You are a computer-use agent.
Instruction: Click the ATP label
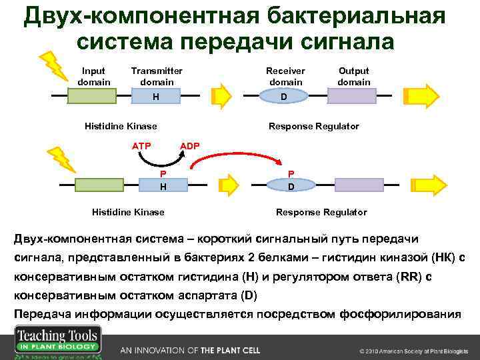[x=141, y=146]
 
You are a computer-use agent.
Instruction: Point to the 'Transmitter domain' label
[x=157, y=76]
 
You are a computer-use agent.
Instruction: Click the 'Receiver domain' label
[x=285, y=76]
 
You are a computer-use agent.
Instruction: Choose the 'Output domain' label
[x=353, y=76]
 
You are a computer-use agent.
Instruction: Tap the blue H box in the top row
[x=155, y=97]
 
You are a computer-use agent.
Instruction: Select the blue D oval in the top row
[x=284, y=97]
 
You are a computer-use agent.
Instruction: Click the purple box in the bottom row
[x=358, y=186]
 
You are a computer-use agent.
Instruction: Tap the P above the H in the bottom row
[x=163, y=173]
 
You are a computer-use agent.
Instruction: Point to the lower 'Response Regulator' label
[x=321, y=212]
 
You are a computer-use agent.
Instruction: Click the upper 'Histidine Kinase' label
[x=121, y=126]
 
